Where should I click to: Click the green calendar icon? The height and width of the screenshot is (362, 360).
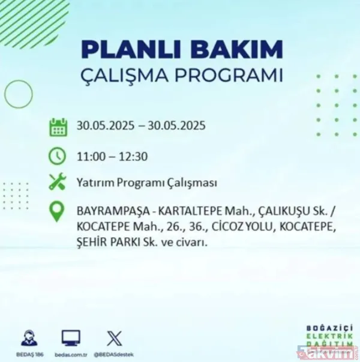pyautogui.click(x=58, y=127)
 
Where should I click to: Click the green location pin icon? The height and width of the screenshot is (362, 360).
pyautogui.click(x=58, y=212)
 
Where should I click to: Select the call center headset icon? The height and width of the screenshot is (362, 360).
pyautogui.click(x=29, y=337)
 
